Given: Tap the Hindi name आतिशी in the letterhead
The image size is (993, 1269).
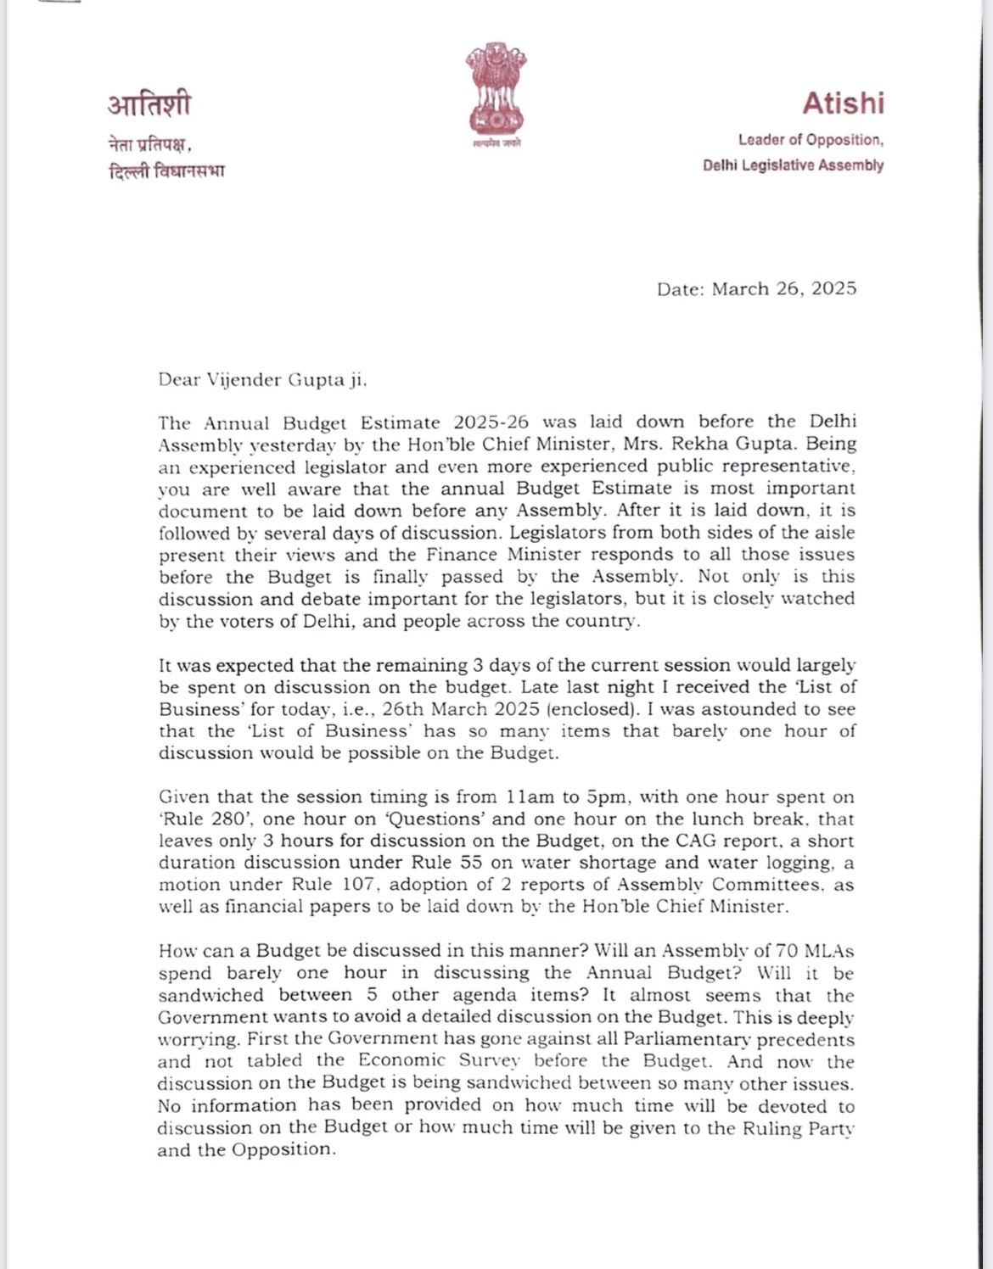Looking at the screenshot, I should point(149,104).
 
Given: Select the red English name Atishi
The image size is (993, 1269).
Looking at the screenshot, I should point(843,103).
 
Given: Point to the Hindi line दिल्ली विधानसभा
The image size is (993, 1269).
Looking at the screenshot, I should point(166,171).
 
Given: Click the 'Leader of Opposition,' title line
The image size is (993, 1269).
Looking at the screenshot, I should point(811,140).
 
